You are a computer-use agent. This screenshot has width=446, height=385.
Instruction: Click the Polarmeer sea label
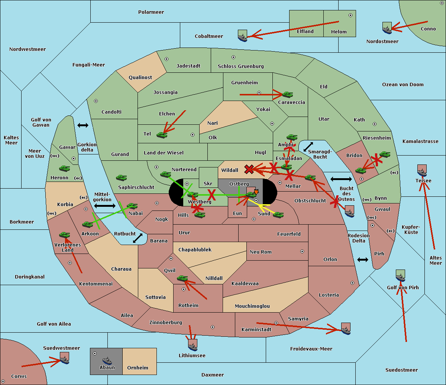pos(151,12)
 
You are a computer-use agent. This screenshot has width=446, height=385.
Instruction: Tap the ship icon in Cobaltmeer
pos(243,36)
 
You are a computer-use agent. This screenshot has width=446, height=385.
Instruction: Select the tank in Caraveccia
pos(288,94)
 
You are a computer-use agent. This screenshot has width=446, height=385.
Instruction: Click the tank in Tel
pos(162,135)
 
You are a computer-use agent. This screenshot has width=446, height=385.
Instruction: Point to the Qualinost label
pos(140,77)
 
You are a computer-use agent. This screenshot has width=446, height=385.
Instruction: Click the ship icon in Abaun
pos(107,360)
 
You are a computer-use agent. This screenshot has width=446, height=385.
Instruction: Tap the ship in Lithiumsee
pos(193,345)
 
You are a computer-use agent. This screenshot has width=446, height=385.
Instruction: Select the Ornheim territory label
pos(138,368)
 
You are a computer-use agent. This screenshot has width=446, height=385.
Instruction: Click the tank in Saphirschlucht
pos(121,178)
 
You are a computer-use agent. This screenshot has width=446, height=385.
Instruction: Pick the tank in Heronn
pos(65,168)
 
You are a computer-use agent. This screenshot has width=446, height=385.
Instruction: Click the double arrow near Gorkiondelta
pos(83,125)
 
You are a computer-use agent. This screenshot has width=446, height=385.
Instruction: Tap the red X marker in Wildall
pos(249,169)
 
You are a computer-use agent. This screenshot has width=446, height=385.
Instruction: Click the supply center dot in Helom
pos(350,15)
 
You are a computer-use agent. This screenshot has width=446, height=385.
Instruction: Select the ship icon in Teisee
pos(422,170)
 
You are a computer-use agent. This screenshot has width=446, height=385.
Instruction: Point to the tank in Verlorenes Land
pos(65,235)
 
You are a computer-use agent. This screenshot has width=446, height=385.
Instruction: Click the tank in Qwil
pos(182,278)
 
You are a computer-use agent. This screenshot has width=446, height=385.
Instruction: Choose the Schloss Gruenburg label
pos(241,66)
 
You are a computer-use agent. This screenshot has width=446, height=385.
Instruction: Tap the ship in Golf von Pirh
pos(401,275)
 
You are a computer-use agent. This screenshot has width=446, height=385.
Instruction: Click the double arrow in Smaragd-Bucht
pos(308,147)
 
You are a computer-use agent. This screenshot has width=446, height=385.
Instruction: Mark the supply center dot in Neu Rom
pos(302,251)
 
